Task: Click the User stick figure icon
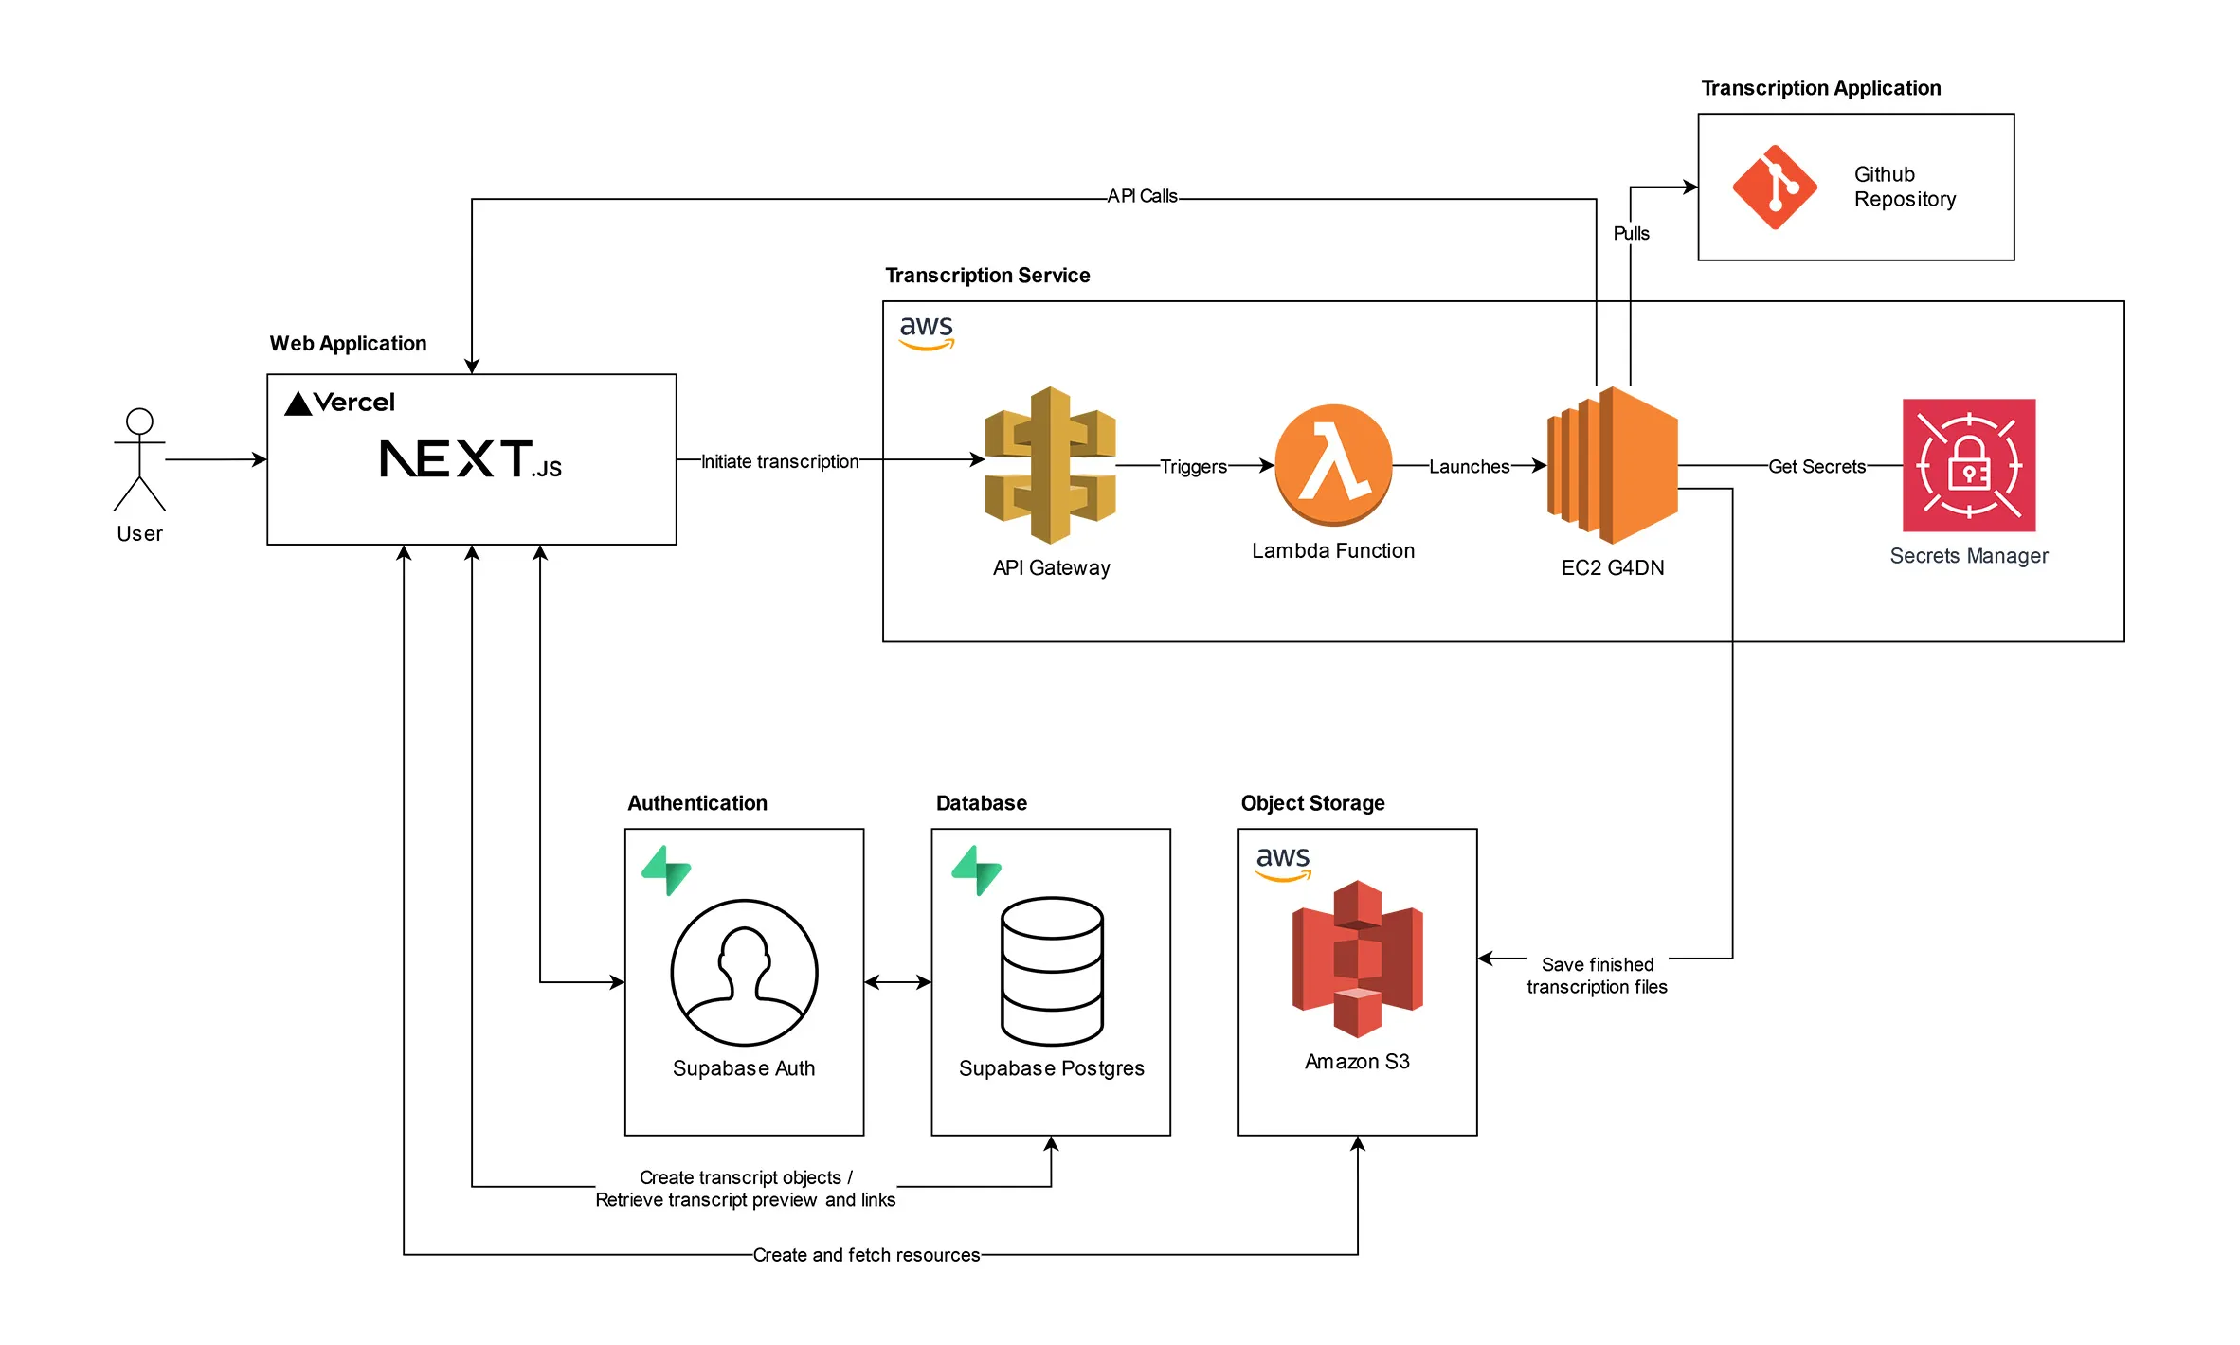(x=139, y=460)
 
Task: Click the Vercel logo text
(x=340, y=403)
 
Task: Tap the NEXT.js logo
(x=470, y=459)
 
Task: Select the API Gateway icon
(x=1050, y=464)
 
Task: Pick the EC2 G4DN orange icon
(x=1613, y=464)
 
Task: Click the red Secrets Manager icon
(x=1969, y=465)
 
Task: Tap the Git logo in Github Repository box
(x=1775, y=187)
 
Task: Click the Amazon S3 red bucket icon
(x=1357, y=959)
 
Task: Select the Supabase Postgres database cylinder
(x=1052, y=971)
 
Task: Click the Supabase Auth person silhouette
(x=744, y=972)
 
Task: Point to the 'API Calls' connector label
(x=1142, y=196)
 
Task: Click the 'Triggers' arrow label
(x=1193, y=466)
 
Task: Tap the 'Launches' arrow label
(x=1469, y=466)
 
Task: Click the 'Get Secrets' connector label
(x=1816, y=466)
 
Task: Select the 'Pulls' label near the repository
(x=1631, y=233)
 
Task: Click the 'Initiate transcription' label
(x=779, y=461)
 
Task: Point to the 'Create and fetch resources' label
(x=866, y=1255)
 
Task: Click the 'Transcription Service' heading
(x=987, y=275)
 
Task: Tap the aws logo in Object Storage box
(x=1283, y=862)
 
